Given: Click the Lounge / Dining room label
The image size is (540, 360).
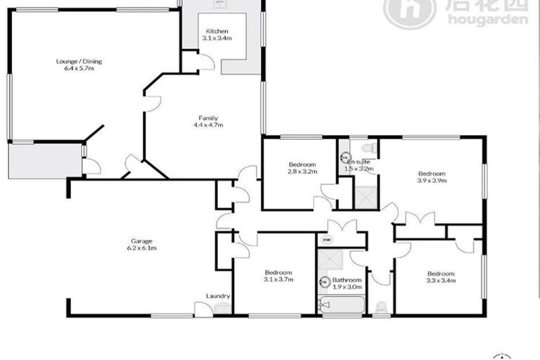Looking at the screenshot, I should [x=75, y=61].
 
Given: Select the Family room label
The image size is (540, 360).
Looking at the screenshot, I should [x=207, y=117].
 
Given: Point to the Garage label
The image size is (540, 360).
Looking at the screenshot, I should [x=141, y=240].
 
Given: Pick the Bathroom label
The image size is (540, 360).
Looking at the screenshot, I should [x=347, y=279].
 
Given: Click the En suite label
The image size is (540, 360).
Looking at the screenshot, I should [x=358, y=162].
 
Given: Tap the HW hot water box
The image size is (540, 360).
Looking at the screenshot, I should [x=326, y=240].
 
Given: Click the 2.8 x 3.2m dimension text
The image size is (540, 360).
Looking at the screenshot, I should [x=302, y=171].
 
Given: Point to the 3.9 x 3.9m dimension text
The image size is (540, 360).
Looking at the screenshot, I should [x=432, y=181].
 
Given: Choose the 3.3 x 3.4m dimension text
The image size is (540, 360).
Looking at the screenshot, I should [x=442, y=281].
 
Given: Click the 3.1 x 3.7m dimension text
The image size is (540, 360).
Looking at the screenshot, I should [x=278, y=280].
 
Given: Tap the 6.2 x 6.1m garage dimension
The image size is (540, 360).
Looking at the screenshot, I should [x=141, y=247].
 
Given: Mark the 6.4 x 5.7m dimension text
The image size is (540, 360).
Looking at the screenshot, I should [x=75, y=68].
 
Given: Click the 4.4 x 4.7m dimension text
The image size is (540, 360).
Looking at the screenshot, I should [x=207, y=125].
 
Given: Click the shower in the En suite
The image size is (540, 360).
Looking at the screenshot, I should [x=366, y=196].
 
